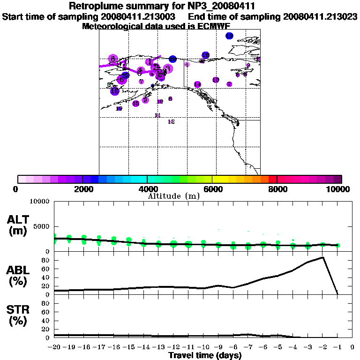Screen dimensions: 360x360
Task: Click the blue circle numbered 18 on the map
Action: (x=205, y=55)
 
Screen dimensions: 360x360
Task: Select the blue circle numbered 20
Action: (x=173, y=59)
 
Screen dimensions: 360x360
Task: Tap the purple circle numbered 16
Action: (x=135, y=104)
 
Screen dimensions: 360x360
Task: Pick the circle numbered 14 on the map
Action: (x=197, y=84)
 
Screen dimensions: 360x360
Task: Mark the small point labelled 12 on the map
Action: (x=171, y=121)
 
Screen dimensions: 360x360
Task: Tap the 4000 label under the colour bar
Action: (x=147, y=189)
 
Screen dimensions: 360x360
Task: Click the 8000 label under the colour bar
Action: (x=277, y=189)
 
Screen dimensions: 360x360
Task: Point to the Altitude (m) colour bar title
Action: (x=173, y=196)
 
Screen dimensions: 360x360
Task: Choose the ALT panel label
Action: (x=18, y=225)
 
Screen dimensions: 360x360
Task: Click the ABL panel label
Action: (x=18, y=274)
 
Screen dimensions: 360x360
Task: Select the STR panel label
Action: (x=18, y=315)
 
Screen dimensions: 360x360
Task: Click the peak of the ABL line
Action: (x=323, y=257)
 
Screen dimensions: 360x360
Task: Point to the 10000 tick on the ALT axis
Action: (x=39, y=202)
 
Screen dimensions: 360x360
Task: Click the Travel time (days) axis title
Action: (x=205, y=355)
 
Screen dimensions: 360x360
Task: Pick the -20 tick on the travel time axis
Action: (x=54, y=347)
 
